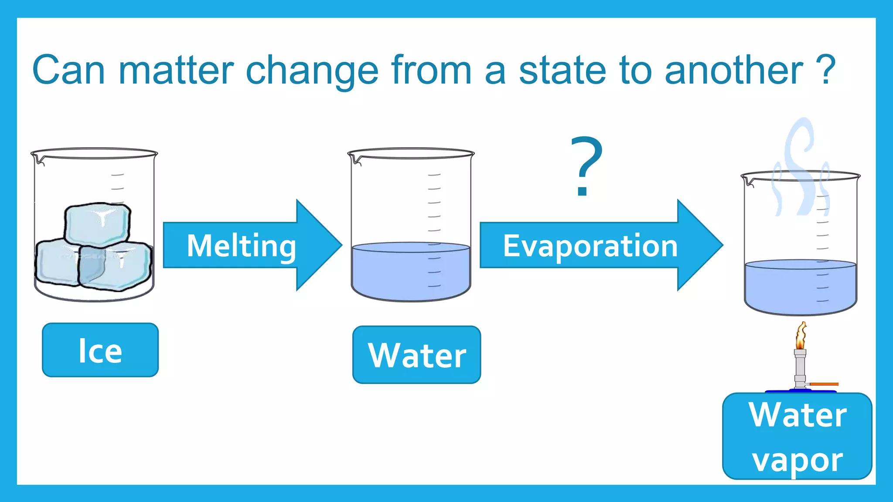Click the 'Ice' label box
click(x=100, y=350)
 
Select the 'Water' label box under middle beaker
click(x=416, y=355)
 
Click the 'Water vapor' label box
click(x=797, y=436)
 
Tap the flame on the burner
click(x=801, y=335)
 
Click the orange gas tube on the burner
click(x=824, y=384)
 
